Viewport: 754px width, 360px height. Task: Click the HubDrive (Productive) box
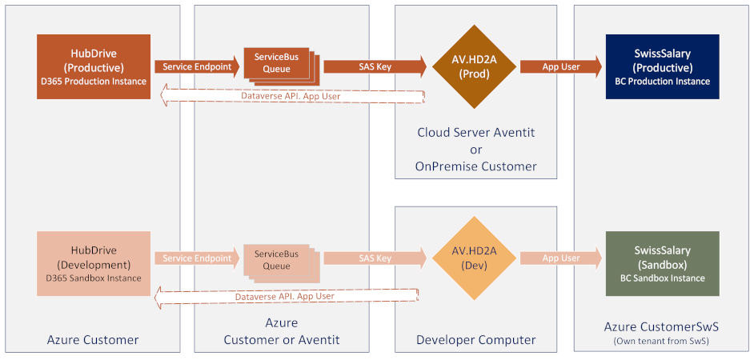[x=94, y=66]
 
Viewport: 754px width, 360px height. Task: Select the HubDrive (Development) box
[x=94, y=264]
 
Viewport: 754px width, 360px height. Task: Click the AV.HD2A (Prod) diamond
[x=474, y=66]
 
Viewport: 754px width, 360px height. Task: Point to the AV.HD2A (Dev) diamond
[x=474, y=258]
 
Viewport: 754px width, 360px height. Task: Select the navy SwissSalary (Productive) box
[x=662, y=66]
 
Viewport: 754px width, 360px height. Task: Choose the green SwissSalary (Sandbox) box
[x=662, y=264]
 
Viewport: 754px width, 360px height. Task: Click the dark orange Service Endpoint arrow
[x=197, y=67]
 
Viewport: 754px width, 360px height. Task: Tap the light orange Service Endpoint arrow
[x=197, y=258]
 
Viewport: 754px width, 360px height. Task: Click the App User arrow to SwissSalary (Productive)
[x=560, y=67]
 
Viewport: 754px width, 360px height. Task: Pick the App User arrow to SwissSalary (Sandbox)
[x=560, y=258]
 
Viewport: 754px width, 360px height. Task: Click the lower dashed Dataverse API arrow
[x=286, y=296]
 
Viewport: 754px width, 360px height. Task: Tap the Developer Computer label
[x=475, y=340]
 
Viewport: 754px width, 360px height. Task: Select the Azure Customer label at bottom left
[x=93, y=340]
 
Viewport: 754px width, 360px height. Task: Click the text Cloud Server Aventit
[x=475, y=132]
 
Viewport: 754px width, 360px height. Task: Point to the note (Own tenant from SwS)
[x=662, y=342]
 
